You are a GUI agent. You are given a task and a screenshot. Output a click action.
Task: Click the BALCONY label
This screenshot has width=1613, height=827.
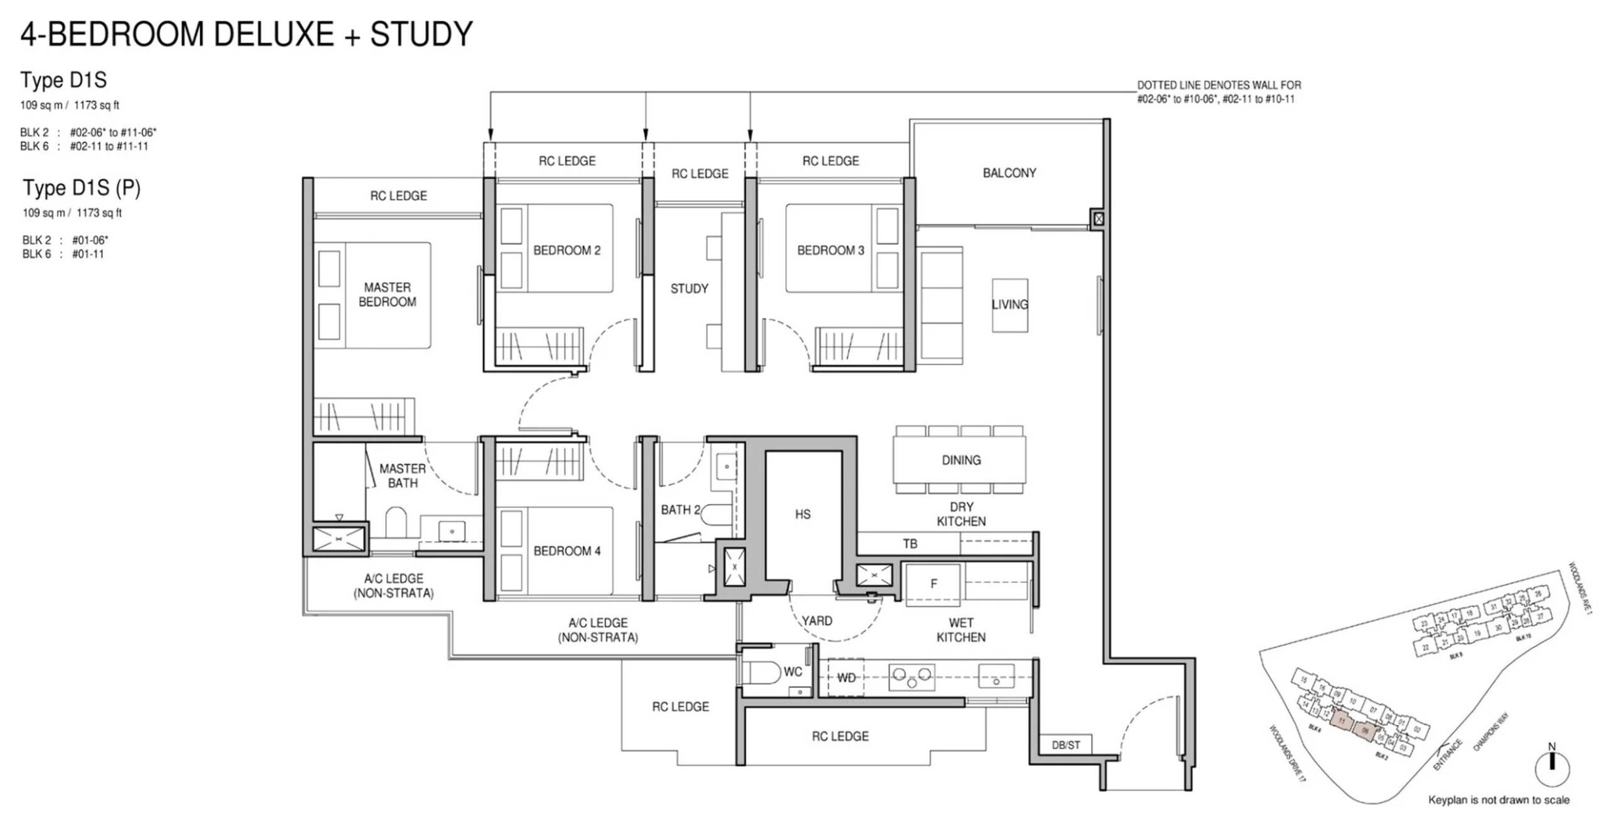click(x=1009, y=173)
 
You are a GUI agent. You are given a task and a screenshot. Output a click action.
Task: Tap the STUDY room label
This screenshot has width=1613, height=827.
click(x=689, y=288)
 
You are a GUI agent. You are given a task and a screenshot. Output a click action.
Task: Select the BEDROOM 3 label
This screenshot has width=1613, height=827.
click(x=830, y=250)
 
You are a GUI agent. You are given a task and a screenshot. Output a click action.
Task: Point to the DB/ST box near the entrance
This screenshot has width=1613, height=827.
click(x=1065, y=745)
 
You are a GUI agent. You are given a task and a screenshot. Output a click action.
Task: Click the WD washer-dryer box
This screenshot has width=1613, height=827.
click(x=845, y=677)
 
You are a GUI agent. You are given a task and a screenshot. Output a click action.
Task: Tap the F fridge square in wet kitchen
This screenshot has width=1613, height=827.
click(x=933, y=584)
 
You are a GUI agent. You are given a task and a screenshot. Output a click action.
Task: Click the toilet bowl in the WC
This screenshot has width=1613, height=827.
click(x=761, y=672)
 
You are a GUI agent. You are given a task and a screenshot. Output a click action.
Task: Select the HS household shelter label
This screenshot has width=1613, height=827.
click(x=802, y=514)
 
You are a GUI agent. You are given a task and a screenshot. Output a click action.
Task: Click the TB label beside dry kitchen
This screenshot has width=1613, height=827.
click(x=910, y=544)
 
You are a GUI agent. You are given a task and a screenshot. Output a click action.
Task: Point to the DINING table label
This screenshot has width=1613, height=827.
click(x=960, y=460)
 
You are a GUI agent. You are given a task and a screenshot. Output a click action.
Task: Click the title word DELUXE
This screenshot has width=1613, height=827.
click(x=273, y=34)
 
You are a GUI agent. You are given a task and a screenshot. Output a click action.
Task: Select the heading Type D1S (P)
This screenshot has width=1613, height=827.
click(x=82, y=187)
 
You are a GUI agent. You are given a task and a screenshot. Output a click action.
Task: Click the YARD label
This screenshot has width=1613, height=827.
click(x=817, y=621)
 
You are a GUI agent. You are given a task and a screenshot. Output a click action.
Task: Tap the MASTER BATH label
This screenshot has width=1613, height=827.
click(x=402, y=476)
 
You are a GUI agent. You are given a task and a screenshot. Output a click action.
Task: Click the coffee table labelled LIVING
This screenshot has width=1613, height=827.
click(x=1009, y=305)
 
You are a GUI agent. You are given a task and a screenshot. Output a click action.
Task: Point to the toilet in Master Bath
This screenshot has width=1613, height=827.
click(x=396, y=523)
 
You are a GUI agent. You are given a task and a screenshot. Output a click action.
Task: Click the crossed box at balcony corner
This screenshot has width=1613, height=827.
click(x=1098, y=219)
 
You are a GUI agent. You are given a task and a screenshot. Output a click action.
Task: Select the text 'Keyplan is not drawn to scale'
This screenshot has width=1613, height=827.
click(x=1498, y=800)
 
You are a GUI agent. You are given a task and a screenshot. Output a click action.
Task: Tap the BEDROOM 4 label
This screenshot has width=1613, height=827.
click(x=567, y=551)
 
